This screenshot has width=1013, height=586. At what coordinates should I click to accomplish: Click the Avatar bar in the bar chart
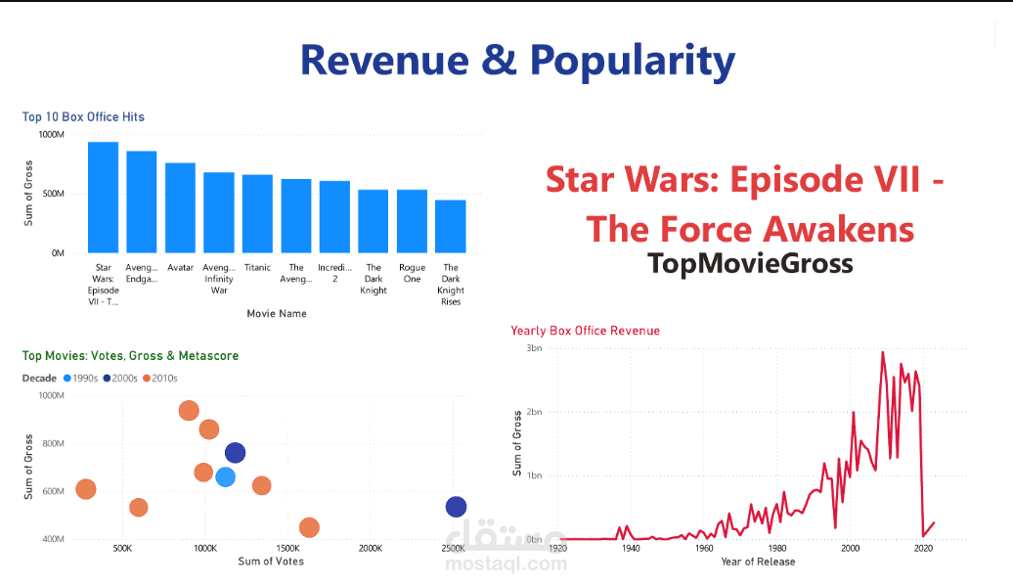(x=180, y=207)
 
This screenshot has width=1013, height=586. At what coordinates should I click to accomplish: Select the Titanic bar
(x=257, y=213)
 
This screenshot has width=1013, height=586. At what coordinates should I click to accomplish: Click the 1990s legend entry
(x=79, y=378)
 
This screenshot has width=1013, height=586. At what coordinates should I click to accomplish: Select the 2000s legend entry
(x=118, y=378)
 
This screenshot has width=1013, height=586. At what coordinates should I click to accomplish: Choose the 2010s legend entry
(x=158, y=378)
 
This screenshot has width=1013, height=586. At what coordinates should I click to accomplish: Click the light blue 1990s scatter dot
(x=225, y=477)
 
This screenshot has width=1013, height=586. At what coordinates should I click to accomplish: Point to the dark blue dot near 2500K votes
(x=456, y=507)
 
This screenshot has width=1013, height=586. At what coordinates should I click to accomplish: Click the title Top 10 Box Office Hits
(x=83, y=117)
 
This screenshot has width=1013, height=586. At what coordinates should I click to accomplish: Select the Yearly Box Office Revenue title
(x=585, y=331)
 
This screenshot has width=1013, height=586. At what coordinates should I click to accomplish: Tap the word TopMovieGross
(x=750, y=263)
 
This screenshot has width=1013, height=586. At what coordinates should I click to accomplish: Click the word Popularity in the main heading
(x=633, y=60)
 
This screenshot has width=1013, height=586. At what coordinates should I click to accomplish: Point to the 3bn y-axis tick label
(x=534, y=348)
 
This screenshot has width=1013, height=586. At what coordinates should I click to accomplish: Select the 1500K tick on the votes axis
(x=288, y=549)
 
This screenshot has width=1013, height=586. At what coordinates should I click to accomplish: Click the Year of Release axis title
(x=758, y=562)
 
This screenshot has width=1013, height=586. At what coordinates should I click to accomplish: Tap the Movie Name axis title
(x=277, y=314)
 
